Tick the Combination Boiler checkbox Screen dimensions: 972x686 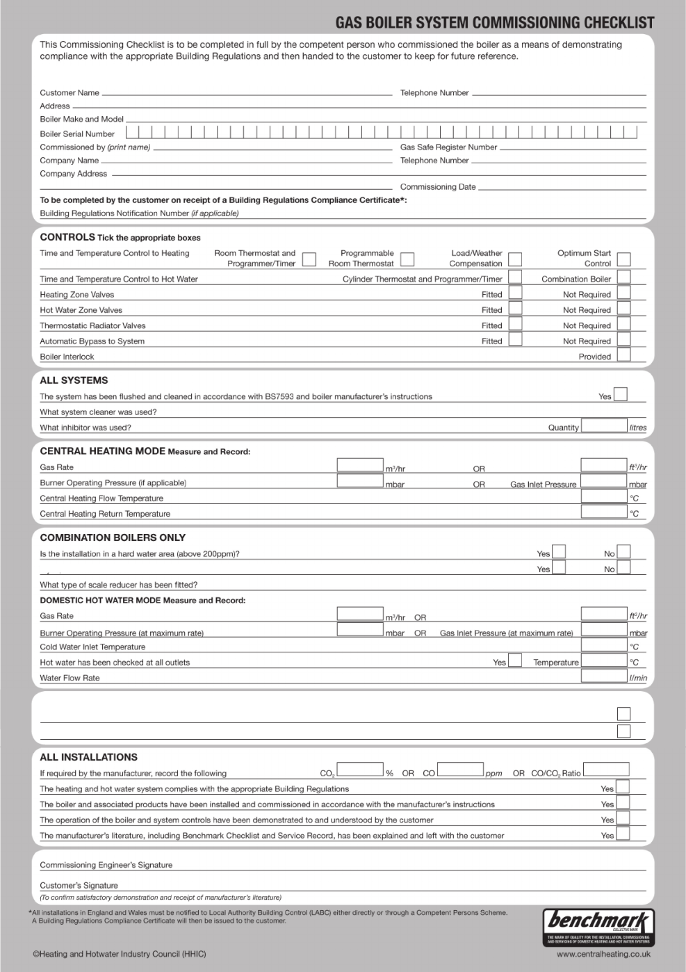pyautogui.click(x=623, y=277)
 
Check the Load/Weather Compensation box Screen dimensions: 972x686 pyautogui.click(x=515, y=259)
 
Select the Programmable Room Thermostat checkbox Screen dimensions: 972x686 pyautogui.click(x=408, y=259)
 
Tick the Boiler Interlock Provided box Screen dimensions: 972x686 pyautogui.click(x=623, y=355)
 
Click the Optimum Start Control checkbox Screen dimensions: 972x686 pyautogui.click(x=623, y=259)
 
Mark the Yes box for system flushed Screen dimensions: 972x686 pyautogui.click(x=621, y=394)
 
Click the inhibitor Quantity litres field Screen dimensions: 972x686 pyautogui.click(x=604, y=426)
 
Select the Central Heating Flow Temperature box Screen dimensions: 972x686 pyautogui.click(x=604, y=496)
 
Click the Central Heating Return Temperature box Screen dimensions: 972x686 pyautogui.click(x=604, y=512)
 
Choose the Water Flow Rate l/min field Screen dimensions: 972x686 pyautogui.click(x=604, y=676)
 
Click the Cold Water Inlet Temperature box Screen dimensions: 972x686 pyautogui.click(x=604, y=645)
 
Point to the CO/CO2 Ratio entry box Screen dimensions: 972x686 pyautogui.click(x=606, y=770)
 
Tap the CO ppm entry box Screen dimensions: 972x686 pyautogui.click(x=460, y=770)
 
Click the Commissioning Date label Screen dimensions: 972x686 pyautogui.click(x=438, y=187)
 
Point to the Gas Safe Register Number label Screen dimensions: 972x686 pyautogui.click(x=448, y=147)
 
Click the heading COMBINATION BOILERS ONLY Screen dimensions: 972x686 pyautogui.click(x=113, y=537)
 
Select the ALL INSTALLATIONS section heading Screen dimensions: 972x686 pyautogui.click(x=88, y=757)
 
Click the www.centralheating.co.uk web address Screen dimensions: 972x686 pyautogui.click(x=603, y=955)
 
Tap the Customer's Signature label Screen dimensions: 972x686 pyautogui.click(x=79, y=886)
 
